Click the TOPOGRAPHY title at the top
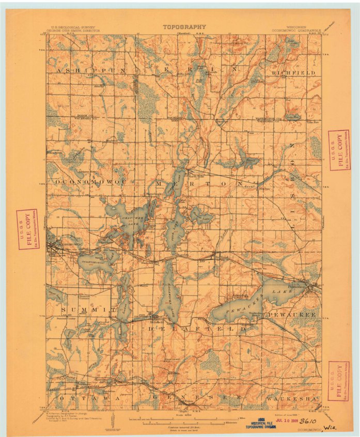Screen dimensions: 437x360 [x=184, y=27]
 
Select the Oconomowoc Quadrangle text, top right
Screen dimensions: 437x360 [x=296, y=30]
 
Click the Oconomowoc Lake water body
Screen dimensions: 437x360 [x=96, y=262]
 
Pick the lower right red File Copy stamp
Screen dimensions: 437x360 [x=339, y=381]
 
